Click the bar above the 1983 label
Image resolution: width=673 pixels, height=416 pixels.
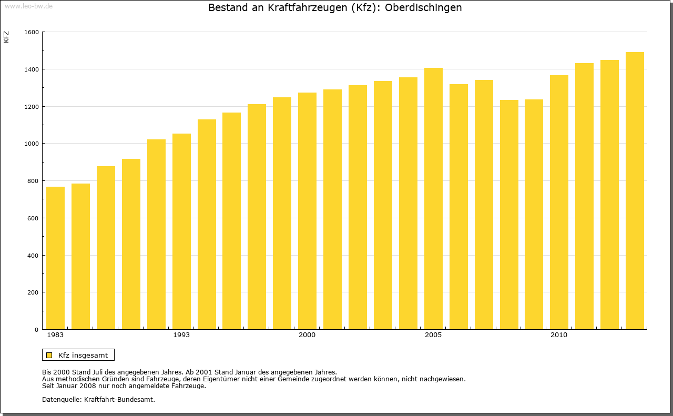[x=55, y=258]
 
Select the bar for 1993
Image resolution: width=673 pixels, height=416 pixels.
[x=181, y=231]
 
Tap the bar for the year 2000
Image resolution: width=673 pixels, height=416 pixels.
[x=307, y=211]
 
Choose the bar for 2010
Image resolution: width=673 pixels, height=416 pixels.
[x=559, y=202]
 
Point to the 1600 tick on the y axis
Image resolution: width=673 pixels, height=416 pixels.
[x=32, y=32]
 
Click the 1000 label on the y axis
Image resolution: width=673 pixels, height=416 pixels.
[x=32, y=144]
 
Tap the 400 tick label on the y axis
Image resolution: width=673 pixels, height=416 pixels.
[x=34, y=256]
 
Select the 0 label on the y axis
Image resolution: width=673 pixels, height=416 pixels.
[x=37, y=330]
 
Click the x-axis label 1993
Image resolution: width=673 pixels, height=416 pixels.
[x=181, y=335]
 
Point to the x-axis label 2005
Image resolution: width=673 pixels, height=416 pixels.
[x=433, y=335]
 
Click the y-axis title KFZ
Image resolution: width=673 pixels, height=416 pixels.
[x=6, y=37]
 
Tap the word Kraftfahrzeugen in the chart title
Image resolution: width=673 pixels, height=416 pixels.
[x=299, y=8]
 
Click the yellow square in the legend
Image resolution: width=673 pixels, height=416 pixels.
[x=49, y=355]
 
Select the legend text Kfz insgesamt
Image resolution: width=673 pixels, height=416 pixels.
[x=83, y=355]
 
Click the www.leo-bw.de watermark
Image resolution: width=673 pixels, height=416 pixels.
[x=28, y=5]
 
